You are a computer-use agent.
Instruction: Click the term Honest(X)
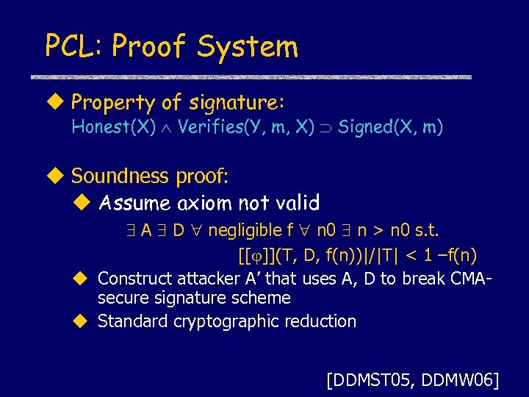coord(113,127)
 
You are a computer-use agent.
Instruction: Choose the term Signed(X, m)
coord(390,127)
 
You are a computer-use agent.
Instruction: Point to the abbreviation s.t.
coord(426,231)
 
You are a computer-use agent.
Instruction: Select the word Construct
coord(133,279)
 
